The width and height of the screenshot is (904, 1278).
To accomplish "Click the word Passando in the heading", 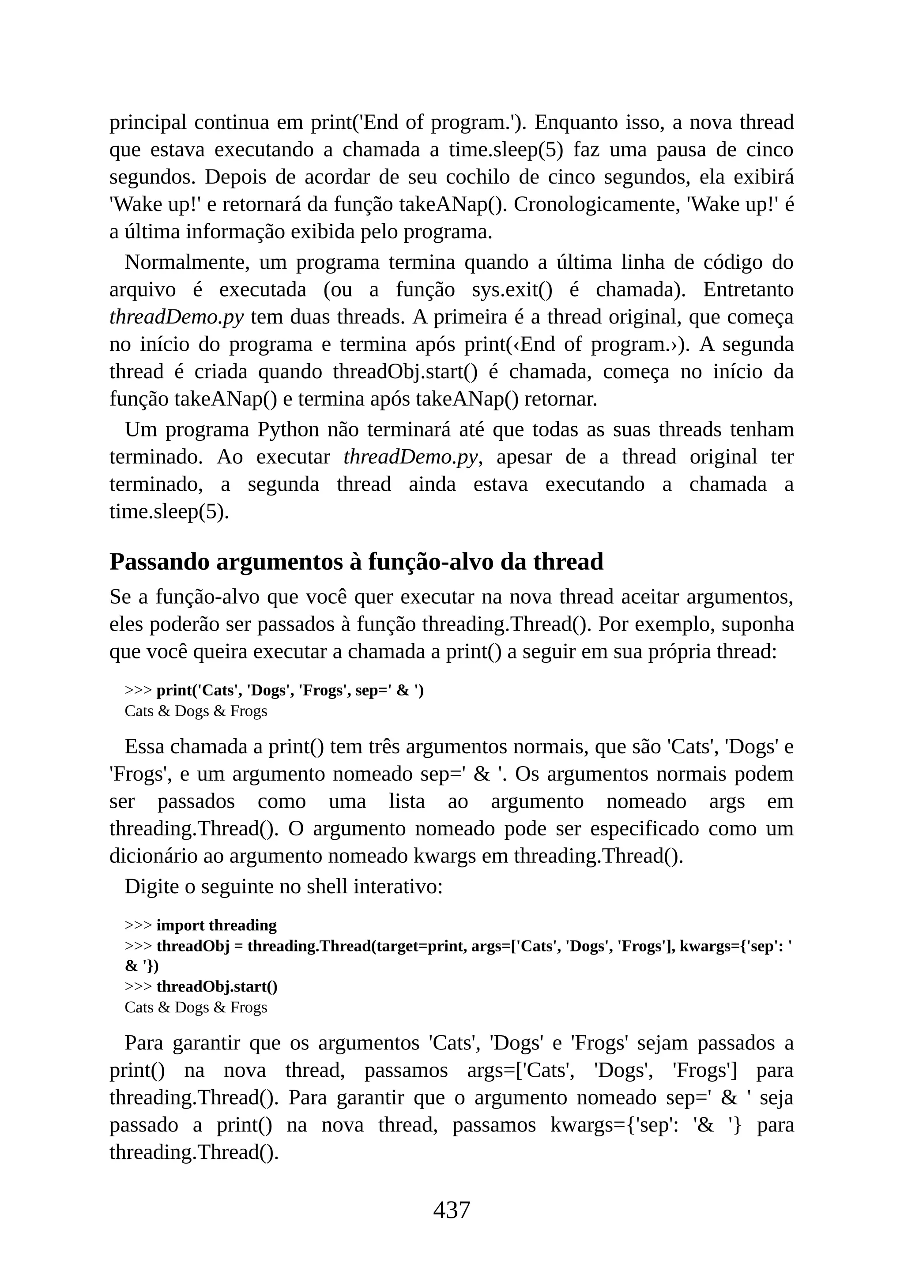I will pyautogui.click(x=158, y=562).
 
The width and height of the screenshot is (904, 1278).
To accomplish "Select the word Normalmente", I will pyautogui.click(x=187, y=262).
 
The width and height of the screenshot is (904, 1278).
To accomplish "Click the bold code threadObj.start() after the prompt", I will pyautogui.click(x=217, y=986).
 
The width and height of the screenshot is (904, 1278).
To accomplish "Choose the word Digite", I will pyautogui.click(x=150, y=886).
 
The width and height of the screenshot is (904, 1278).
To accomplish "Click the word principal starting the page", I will pyautogui.click(x=147, y=122).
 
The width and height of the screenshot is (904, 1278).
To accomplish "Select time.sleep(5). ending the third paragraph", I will pyautogui.click(x=169, y=511).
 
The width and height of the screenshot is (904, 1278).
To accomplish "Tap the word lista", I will pyautogui.click(x=407, y=801).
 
